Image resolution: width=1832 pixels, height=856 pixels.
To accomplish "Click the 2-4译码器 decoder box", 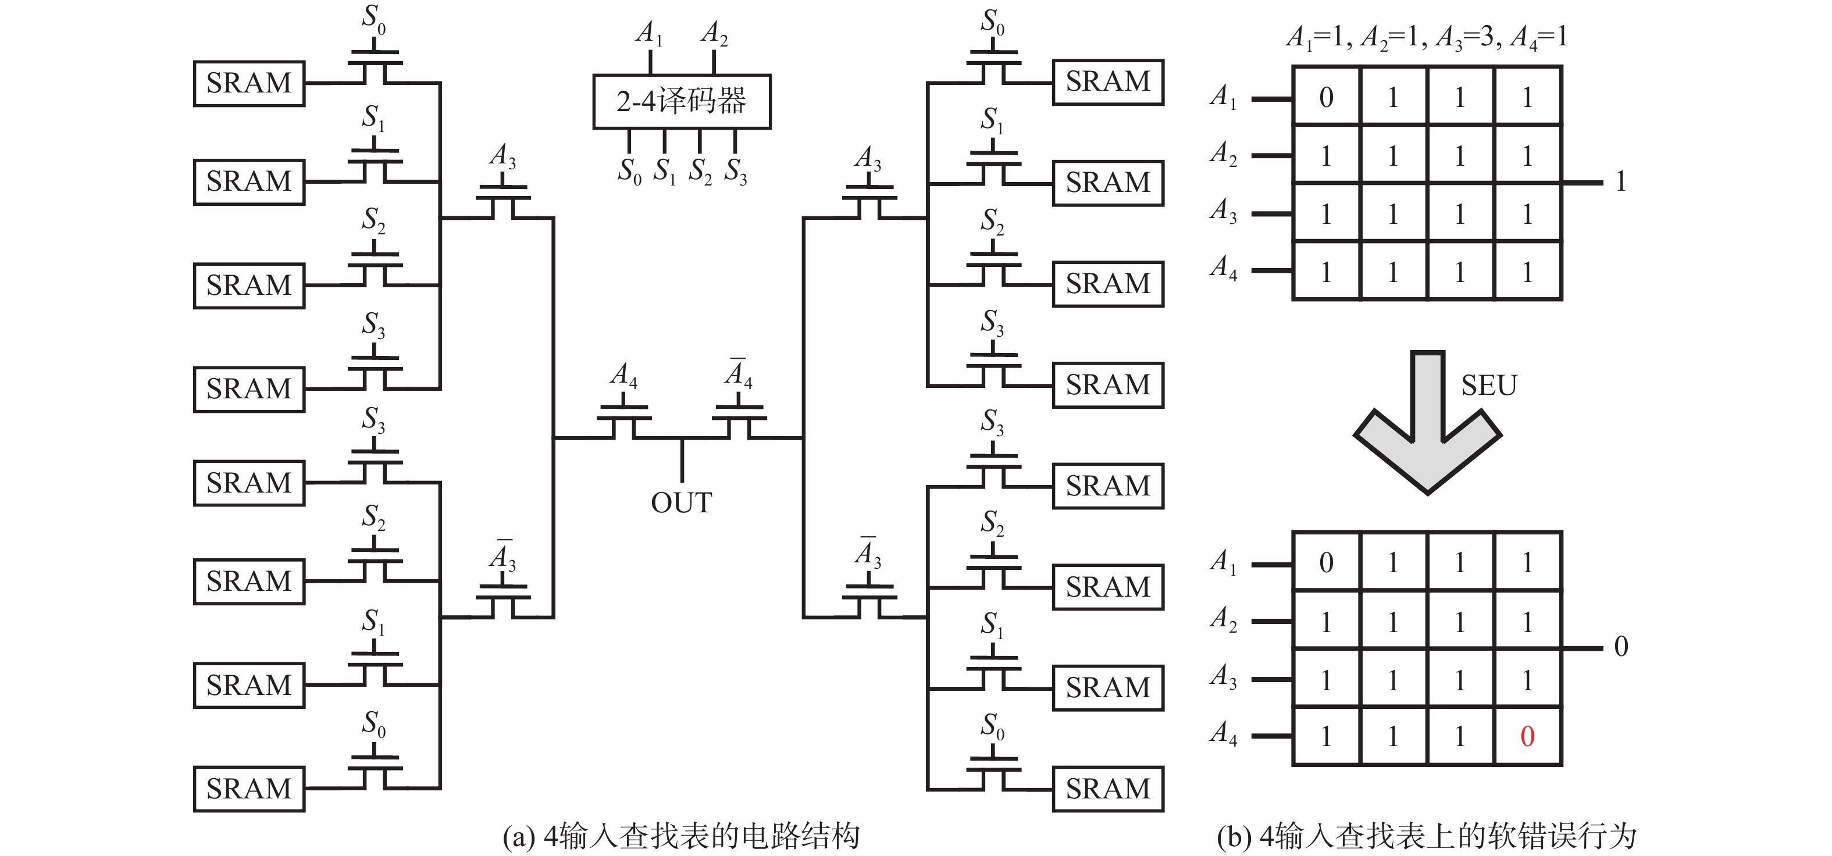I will click(x=681, y=102).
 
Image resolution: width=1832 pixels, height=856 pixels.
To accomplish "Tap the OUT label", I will click(x=680, y=502).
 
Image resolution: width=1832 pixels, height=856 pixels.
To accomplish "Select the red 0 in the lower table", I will click(x=1527, y=737).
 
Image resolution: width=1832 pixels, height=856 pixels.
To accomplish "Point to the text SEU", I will click(x=1488, y=386).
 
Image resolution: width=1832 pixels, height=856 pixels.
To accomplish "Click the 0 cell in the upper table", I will click(x=1325, y=97).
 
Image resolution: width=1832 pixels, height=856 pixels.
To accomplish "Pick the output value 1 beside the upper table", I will click(x=1621, y=182).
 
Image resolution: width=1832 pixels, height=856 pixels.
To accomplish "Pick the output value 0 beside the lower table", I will click(x=1621, y=646).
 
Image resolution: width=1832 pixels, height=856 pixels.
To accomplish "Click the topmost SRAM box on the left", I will click(x=249, y=83).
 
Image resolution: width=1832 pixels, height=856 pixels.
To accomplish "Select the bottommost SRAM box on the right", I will click(x=1107, y=789).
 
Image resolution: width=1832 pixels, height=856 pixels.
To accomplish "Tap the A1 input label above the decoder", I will click(x=648, y=33).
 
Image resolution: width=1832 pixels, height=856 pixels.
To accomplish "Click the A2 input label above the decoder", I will click(x=714, y=33).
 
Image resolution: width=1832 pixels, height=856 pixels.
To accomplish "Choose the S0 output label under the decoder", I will click(x=629, y=172).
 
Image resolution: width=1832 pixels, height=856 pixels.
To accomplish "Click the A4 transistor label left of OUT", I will click(x=623, y=374).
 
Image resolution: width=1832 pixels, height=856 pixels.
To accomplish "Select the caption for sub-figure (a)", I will click(x=680, y=837).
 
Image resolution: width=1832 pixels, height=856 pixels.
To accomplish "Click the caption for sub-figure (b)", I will click(x=1426, y=837).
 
